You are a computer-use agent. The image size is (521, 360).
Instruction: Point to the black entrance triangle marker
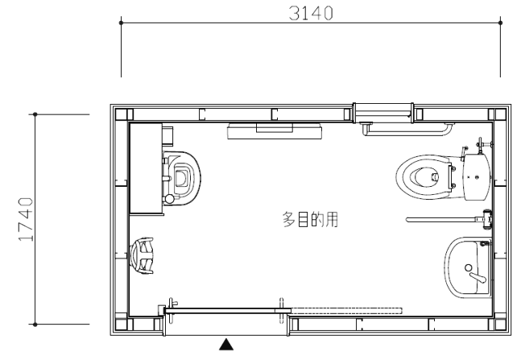(x=228, y=345)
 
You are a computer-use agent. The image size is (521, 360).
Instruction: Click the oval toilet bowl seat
(x=424, y=174)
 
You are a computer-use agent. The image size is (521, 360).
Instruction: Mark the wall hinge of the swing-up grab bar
(x=486, y=218)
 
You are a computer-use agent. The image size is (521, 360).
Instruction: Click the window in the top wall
(x=383, y=110)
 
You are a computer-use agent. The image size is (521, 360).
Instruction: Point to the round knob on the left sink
(x=168, y=197)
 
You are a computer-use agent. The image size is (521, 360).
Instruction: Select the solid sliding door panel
(x=228, y=309)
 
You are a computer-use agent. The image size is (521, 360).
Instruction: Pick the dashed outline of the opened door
(x=346, y=308)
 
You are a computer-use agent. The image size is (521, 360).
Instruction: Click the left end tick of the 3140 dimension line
(x=122, y=23)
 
